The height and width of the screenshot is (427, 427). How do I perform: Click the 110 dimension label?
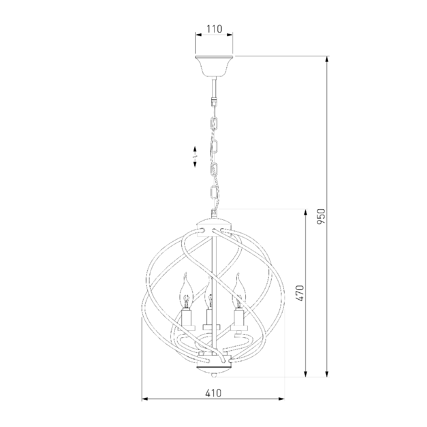point(214,29)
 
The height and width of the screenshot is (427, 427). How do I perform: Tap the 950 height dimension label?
point(321,217)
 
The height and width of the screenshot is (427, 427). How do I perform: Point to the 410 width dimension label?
point(213,393)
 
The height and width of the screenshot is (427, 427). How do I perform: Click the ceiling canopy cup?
point(214,66)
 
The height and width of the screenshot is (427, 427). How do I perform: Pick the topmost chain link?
point(214,124)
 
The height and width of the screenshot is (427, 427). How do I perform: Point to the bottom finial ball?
point(214,375)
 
